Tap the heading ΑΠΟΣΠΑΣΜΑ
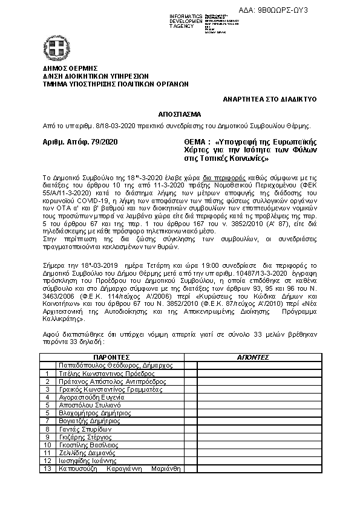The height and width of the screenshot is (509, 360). (x=180, y=114)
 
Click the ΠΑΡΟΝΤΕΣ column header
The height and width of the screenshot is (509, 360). (x=115, y=357)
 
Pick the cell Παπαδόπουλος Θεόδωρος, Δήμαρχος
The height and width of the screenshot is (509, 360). (x=115, y=366)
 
